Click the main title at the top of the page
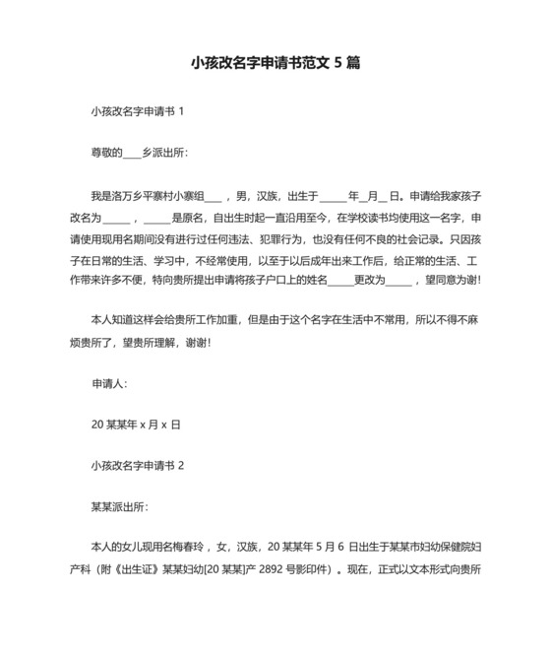[x=275, y=62]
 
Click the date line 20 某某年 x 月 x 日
[x=136, y=424]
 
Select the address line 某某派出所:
[x=119, y=506]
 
